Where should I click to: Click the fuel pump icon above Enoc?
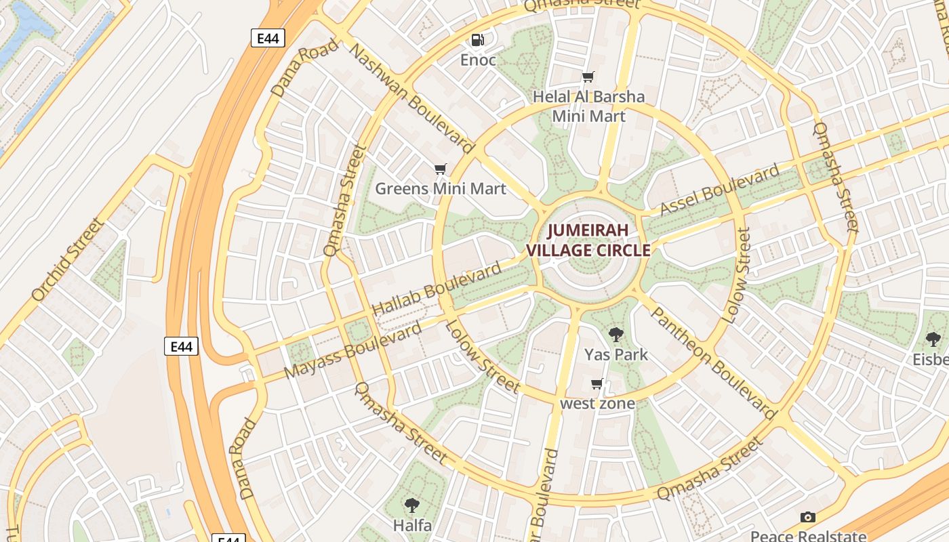[x=478, y=40]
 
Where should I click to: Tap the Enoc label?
[x=478, y=60]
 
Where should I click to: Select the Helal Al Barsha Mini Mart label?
[x=588, y=106]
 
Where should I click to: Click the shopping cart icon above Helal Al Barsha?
[x=588, y=77]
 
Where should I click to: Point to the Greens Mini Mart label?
[x=441, y=188]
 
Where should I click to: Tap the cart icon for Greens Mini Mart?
[x=441, y=169]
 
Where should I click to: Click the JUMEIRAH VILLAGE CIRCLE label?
[x=588, y=240]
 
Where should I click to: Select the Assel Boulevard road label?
[x=720, y=190]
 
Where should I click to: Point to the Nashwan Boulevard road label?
[x=412, y=98]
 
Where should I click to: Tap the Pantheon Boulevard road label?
[x=713, y=362]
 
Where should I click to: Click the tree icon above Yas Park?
[x=616, y=334]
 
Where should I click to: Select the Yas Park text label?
[x=616, y=354]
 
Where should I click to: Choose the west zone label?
[x=597, y=404]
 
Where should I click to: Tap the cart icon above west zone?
[x=597, y=384]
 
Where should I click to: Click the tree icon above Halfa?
[x=411, y=505]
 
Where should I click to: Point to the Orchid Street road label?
[x=68, y=259]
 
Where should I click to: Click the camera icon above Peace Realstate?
[x=807, y=518]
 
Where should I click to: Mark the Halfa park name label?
[x=412, y=525]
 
